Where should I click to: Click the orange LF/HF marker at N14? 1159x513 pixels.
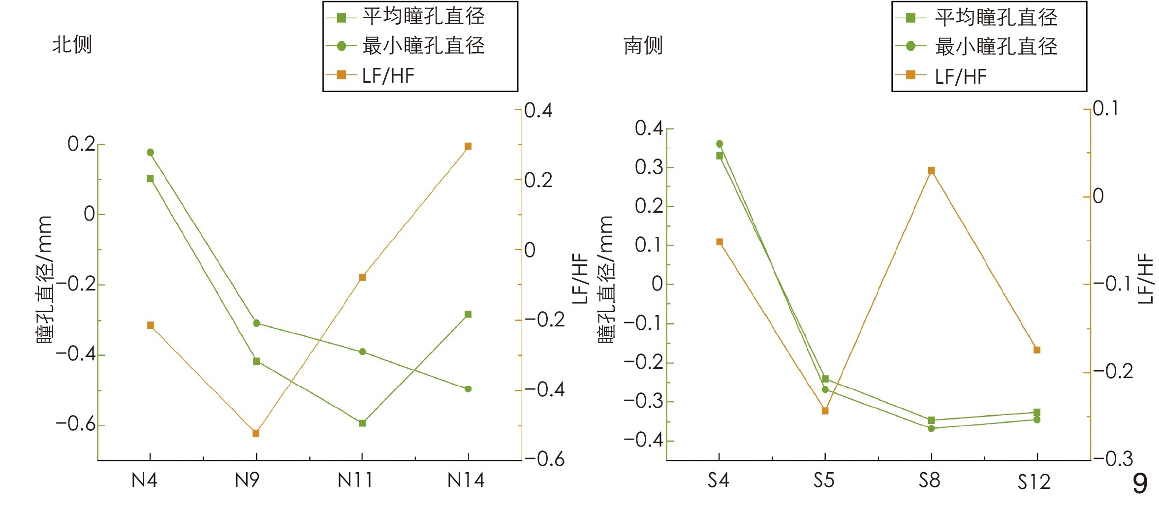tap(468, 146)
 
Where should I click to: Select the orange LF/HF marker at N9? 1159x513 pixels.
tap(256, 433)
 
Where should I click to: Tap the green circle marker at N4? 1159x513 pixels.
tap(150, 152)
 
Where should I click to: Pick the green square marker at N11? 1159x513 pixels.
tap(362, 423)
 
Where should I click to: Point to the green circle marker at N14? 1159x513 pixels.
tap(468, 389)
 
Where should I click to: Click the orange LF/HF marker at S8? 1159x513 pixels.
tap(931, 170)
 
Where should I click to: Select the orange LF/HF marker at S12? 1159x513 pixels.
tap(1037, 350)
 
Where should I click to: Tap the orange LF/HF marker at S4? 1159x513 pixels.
tap(720, 242)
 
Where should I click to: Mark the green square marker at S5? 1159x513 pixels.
tap(825, 379)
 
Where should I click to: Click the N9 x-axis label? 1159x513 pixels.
tap(247, 480)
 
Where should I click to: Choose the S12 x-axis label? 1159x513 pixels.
tap(1034, 481)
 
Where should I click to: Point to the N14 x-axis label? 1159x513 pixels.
tap(466, 480)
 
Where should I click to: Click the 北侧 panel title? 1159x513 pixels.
tap(72, 45)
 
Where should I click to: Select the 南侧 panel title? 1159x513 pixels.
tap(643, 46)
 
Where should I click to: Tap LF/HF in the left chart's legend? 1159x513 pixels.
tap(388, 76)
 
